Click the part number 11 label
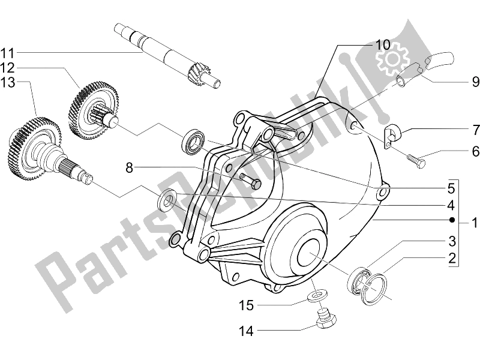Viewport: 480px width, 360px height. (13, 51)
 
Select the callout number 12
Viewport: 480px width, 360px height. (13, 66)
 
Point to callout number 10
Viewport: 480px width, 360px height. (383, 45)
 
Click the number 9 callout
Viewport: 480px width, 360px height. (459, 80)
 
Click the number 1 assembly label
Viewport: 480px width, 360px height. (474, 224)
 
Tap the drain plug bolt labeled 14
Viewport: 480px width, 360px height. (325, 319)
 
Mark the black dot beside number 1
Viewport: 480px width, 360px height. (452, 219)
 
